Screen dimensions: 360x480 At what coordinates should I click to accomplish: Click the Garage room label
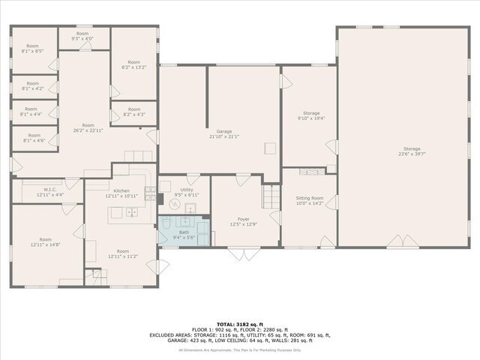pyautogui.click(x=223, y=131)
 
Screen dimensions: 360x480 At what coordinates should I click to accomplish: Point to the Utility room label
pyautogui.click(x=186, y=190)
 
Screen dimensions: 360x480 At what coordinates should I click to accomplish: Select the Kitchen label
pyautogui.click(x=121, y=191)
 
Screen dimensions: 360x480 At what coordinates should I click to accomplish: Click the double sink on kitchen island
pyautogui.click(x=131, y=212)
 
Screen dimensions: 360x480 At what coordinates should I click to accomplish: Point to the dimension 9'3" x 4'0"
pyautogui.click(x=82, y=38)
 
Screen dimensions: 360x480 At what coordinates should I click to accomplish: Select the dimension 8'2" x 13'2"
pyautogui.click(x=133, y=67)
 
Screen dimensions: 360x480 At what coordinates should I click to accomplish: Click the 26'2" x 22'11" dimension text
pyautogui.click(x=88, y=130)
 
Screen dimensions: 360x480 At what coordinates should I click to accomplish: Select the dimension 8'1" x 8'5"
pyautogui.click(x=33, y=51)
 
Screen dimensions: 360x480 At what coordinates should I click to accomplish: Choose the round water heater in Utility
pyautogui.click(x=166, y=187)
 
